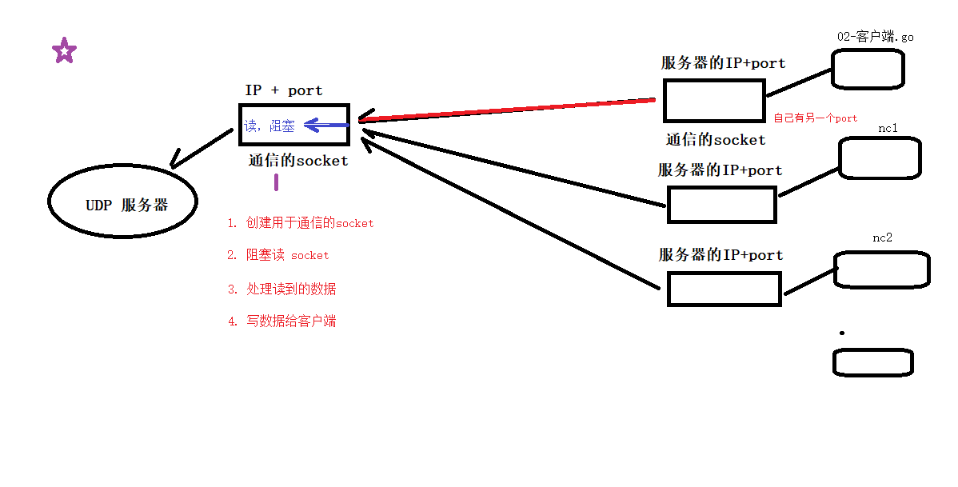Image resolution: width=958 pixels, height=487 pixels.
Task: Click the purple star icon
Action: (x=64, y=51)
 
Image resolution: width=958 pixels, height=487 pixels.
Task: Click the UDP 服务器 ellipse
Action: (x=123, y=203)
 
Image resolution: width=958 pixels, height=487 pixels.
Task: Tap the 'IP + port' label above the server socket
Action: (x=284, y=91)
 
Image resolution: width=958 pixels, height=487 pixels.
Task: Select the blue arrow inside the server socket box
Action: (x=326, y=126)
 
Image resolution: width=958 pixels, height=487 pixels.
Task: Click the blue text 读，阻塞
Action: (x=269, y=126)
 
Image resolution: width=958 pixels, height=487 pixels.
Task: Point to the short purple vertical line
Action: (x=277, y=182)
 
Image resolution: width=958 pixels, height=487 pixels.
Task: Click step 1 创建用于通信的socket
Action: (x=301, y=223)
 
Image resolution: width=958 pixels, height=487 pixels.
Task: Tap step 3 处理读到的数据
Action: (x=281, y=289)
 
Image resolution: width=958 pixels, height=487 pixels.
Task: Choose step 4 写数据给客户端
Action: (x=281, y=321)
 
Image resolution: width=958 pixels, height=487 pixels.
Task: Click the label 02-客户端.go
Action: (x=875, y=37)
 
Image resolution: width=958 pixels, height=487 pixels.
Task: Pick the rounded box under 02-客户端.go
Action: (x=868, y=69)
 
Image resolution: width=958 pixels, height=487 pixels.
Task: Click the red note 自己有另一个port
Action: (x=815, y=118)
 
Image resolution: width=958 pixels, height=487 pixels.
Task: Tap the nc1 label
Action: (x=888, y=128)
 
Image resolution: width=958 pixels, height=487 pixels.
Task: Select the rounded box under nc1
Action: (x=880, y=158)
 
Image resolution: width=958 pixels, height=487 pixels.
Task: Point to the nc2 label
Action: (x=882, y=238)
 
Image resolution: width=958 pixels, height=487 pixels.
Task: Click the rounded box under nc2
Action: (x=881, y=269)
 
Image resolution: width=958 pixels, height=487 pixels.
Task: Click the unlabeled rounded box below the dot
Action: (x=873, y=362)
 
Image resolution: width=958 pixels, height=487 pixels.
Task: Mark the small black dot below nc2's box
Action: (x=842, y=332)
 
